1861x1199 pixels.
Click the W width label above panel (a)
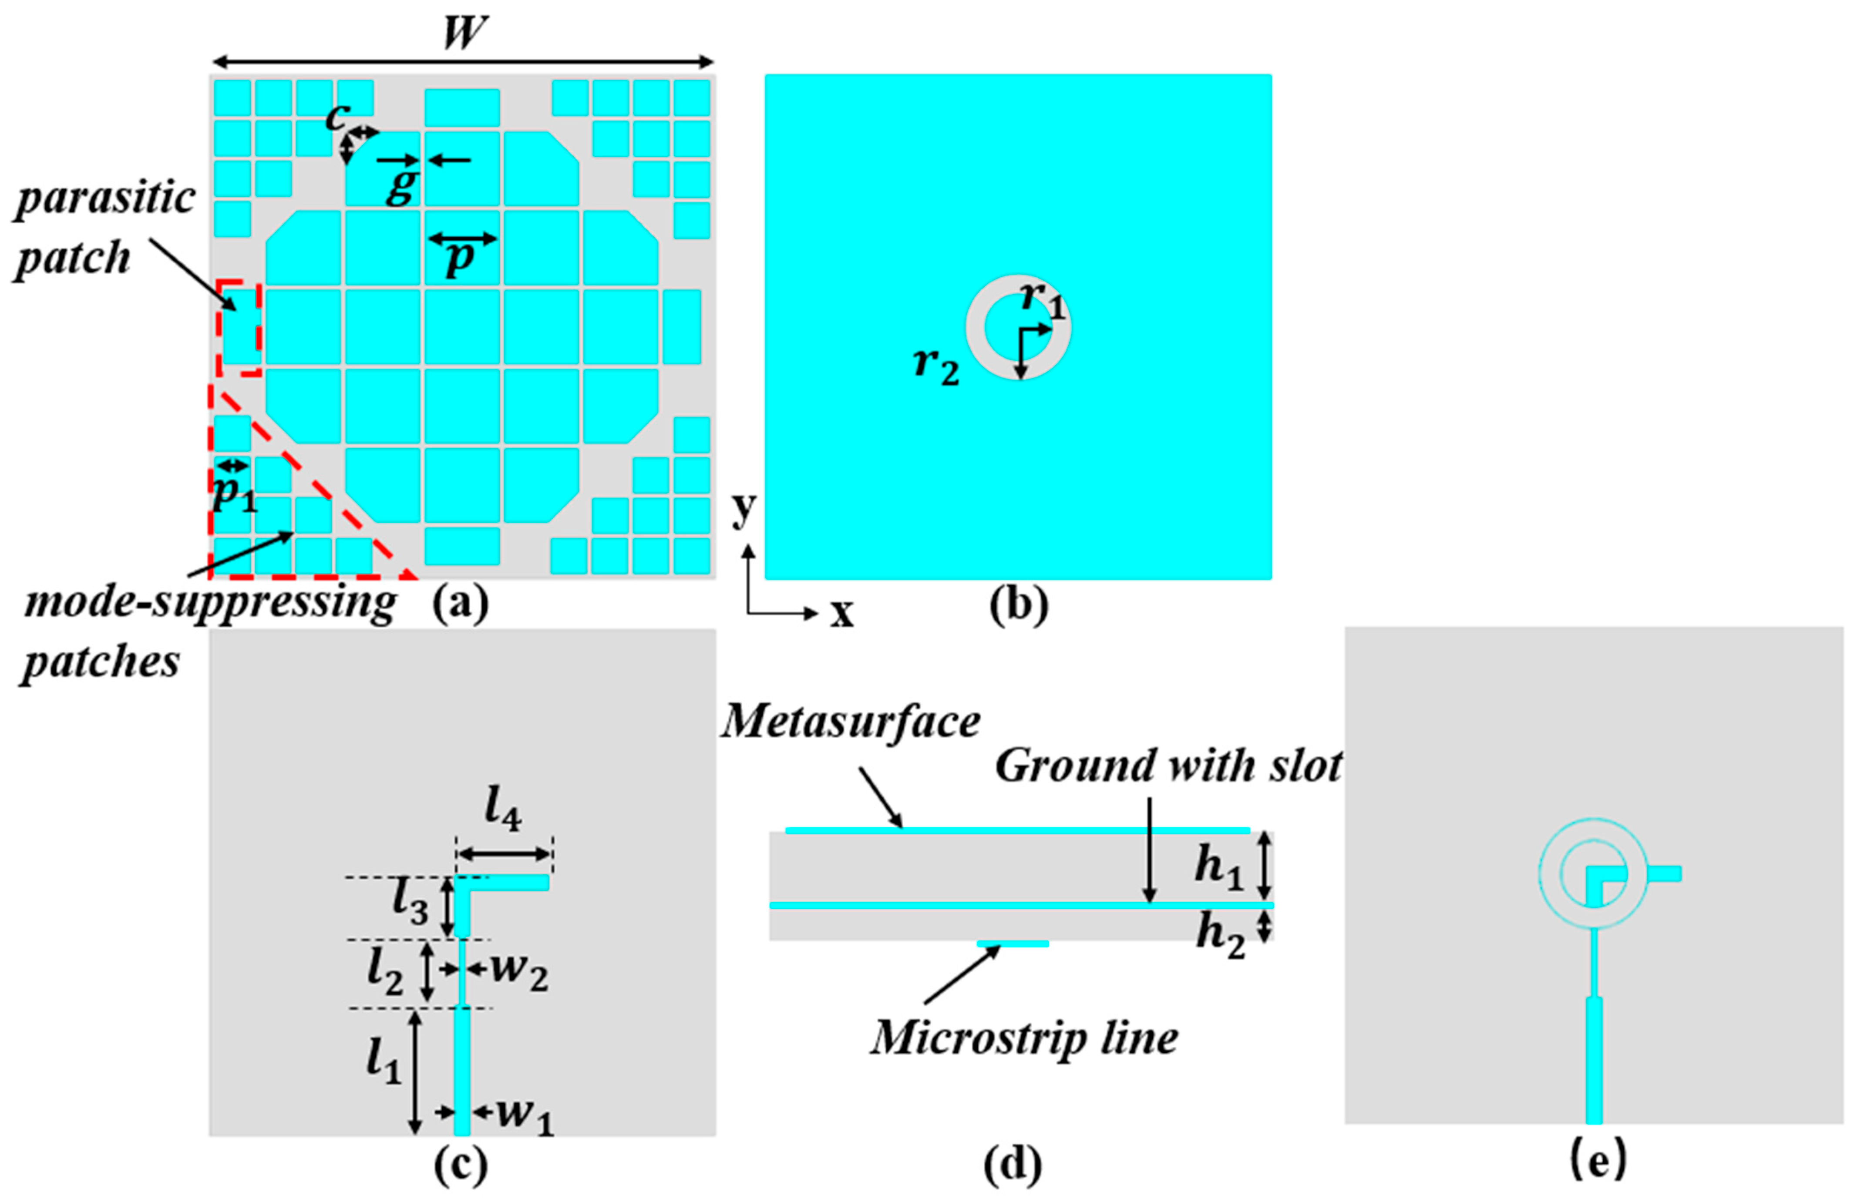(x=465, y=33)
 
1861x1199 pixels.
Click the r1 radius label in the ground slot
(x=1042, y=300)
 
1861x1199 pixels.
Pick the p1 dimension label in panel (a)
(x=234, y=493)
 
